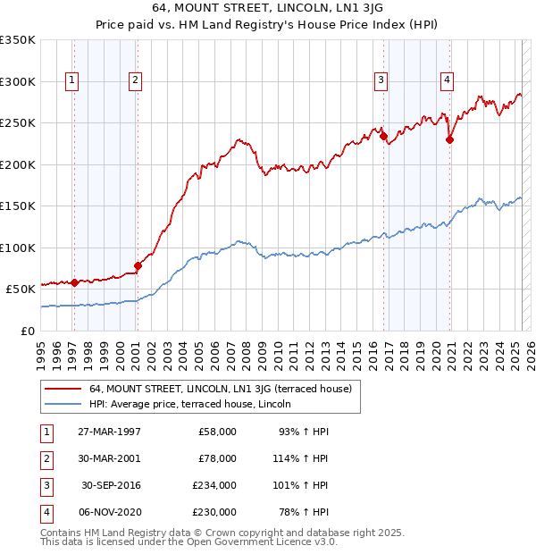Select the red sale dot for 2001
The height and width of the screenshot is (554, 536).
tap(138, 265)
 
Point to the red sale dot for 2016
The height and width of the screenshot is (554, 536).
tap(383, 137)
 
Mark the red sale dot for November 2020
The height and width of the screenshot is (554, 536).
tap(450, 139)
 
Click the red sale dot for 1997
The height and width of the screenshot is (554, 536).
tap(75, 282)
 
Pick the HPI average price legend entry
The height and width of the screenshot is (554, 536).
tap(197, 405)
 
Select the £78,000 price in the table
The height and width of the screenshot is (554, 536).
tap(217, 458)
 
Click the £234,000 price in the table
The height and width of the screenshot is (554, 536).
tap(214, 485)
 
